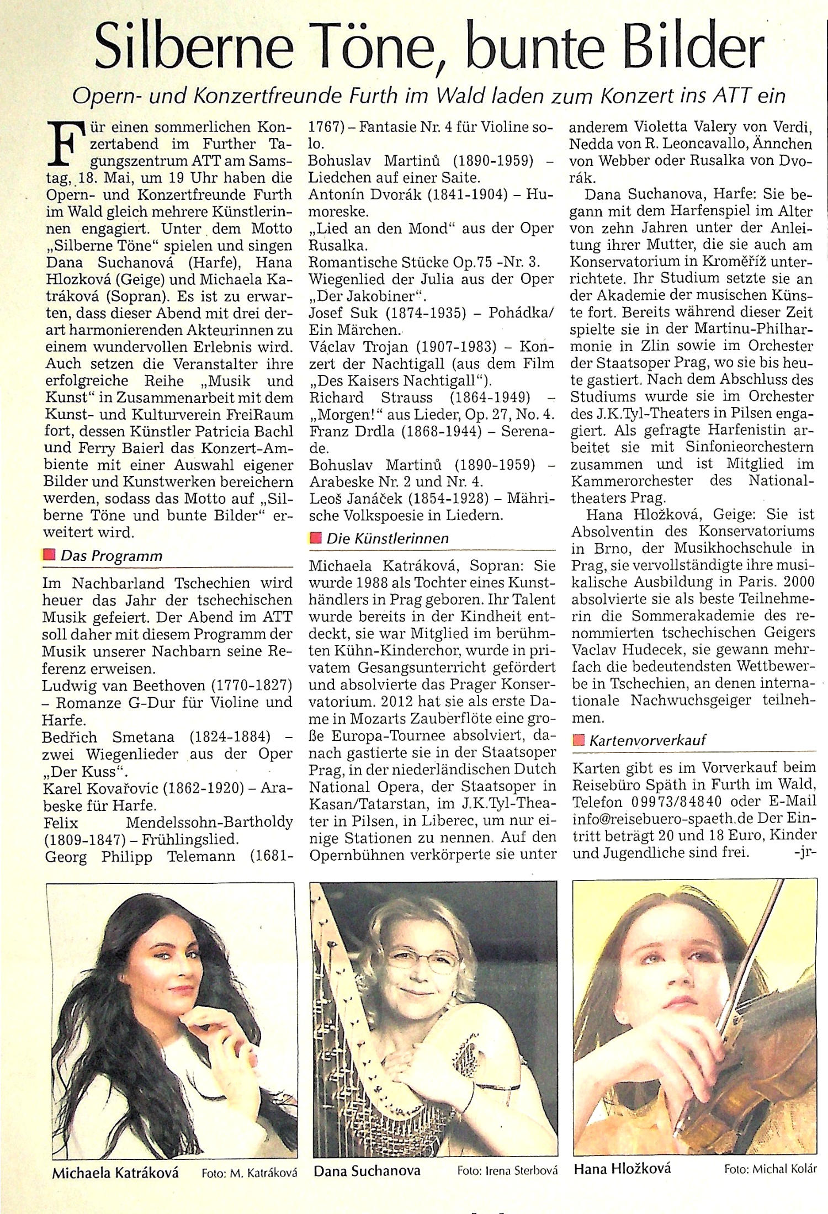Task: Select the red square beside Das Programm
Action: click(50, 554)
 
